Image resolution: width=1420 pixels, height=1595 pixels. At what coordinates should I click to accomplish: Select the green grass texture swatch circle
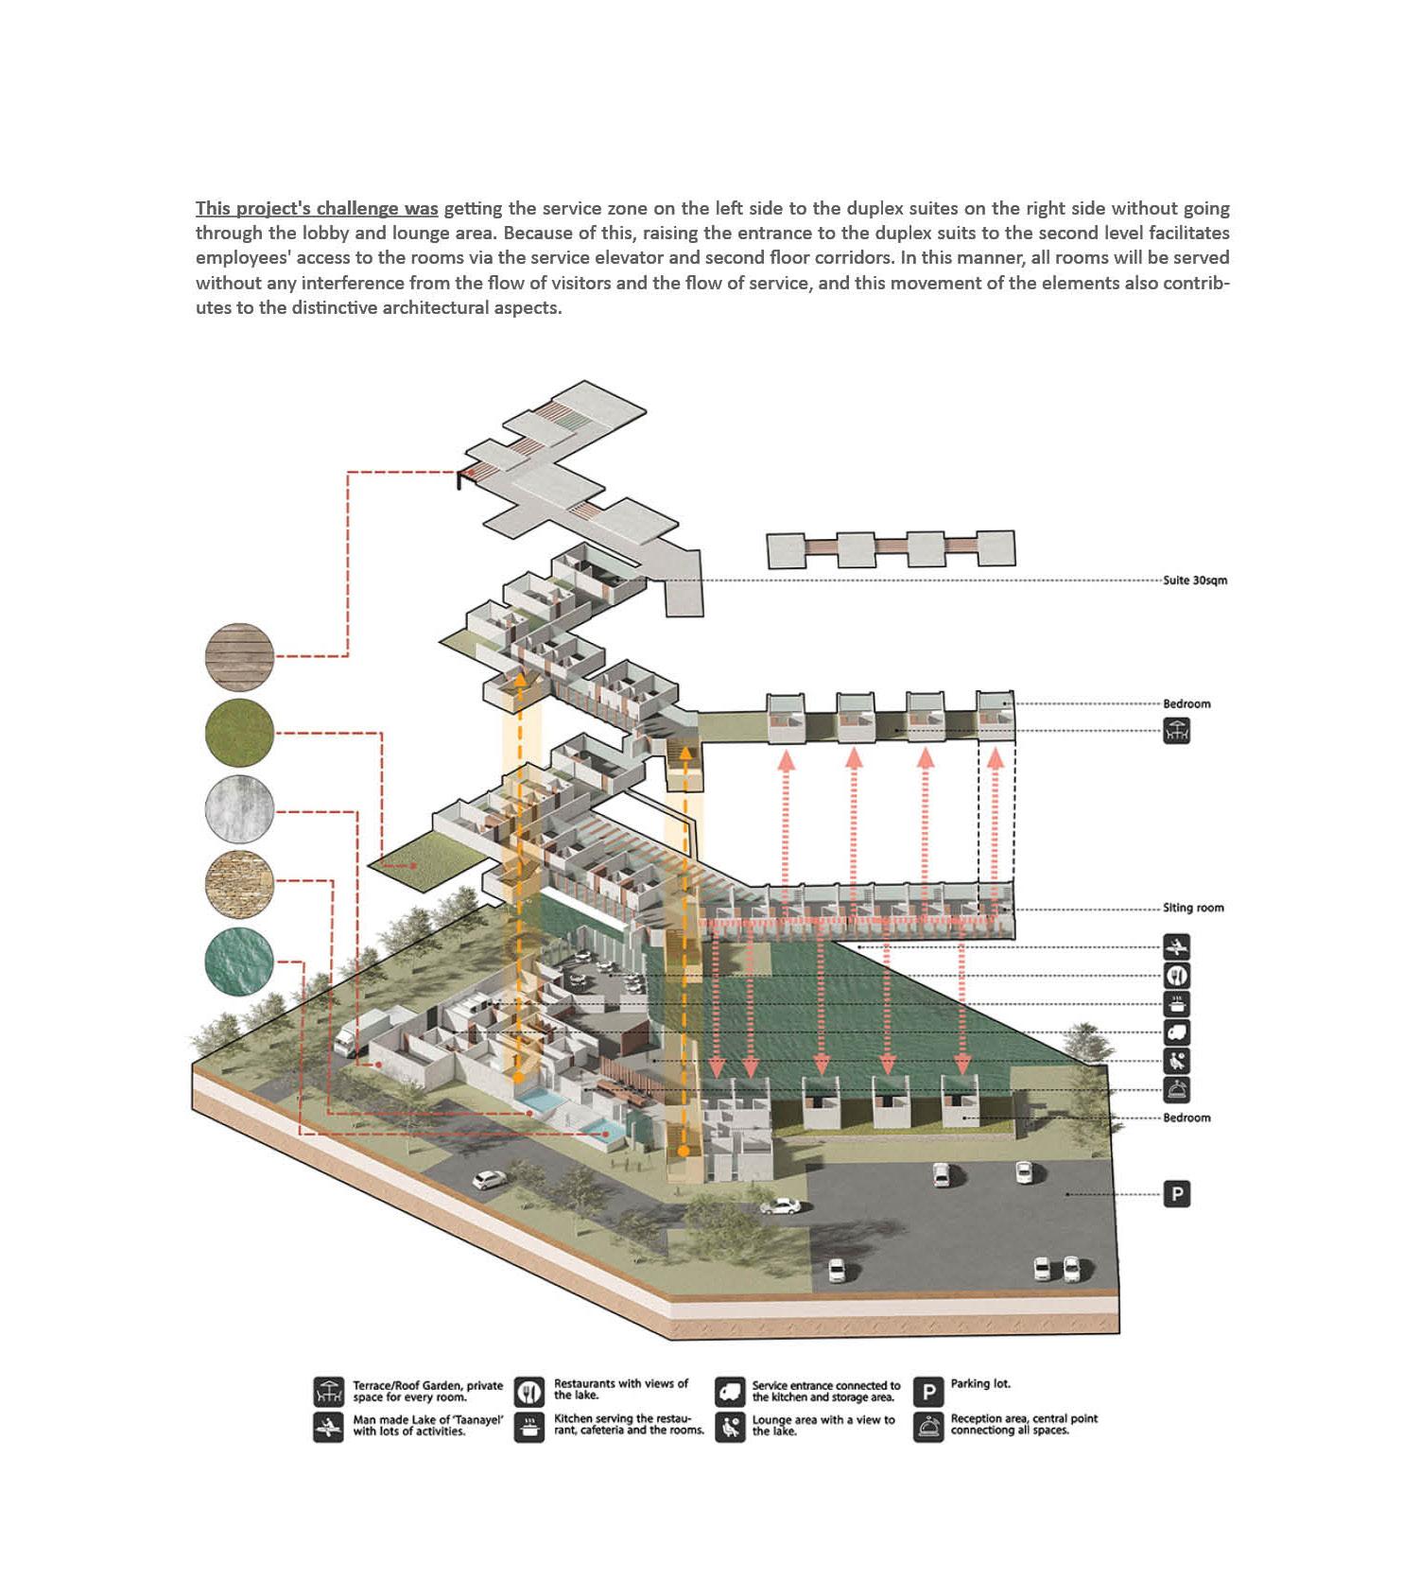click(239, 734)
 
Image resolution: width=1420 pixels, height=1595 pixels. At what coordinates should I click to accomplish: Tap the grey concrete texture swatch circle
click(239, 810)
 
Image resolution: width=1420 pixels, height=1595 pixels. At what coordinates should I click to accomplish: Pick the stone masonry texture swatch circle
click(239, 886)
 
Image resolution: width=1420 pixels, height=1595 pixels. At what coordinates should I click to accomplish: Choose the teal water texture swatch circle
click(239, 962)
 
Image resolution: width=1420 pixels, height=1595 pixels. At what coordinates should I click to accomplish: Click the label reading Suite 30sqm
click(1195, 581)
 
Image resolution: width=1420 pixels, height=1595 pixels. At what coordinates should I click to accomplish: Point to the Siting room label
click(1193, 908)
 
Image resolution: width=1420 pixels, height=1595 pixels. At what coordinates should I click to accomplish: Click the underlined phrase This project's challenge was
click(317, 208)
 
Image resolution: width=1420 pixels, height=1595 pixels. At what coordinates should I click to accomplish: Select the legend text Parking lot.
click(980, 1384)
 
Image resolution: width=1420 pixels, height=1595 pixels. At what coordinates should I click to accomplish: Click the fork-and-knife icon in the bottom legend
click(529, 1392)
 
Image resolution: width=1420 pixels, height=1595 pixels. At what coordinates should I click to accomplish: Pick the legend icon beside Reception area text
click(928, 1427)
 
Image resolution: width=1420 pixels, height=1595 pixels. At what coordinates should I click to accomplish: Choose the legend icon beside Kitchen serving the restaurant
click(529, 1427)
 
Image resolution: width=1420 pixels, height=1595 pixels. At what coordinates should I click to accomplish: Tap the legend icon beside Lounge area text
click(729, 1427)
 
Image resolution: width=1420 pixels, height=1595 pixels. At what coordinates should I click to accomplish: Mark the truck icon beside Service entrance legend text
click(729, 1392)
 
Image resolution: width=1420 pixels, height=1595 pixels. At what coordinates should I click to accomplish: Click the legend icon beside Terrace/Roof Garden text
click(328, 1392)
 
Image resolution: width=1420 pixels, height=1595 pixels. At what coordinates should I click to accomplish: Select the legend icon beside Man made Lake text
click(328, 1427)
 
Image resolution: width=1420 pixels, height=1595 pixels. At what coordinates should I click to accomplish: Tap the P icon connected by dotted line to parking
click(1176, 1194)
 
